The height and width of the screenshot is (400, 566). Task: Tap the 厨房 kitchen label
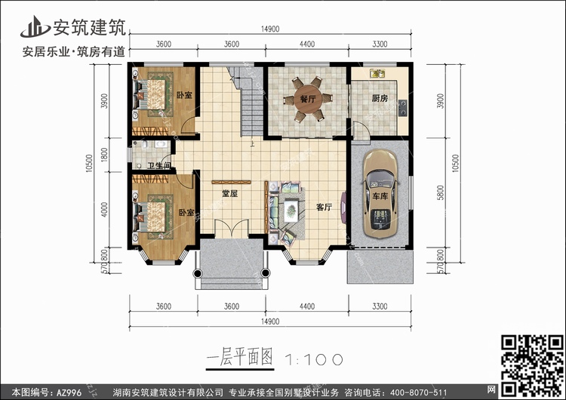tap(380, 99)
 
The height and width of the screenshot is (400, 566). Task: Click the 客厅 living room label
tap(324, 207)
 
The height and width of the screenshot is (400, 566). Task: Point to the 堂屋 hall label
tap(229, 194)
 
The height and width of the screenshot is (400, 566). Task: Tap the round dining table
tap(307, 100)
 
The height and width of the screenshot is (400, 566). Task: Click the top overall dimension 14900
tap(270, 29)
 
